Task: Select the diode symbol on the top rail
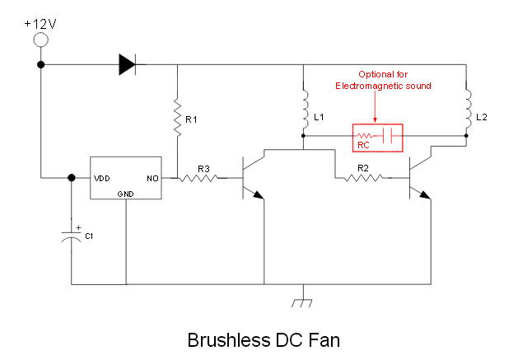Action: click(128, 64)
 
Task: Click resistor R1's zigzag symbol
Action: click(177, 117)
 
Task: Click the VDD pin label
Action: click(103, 177)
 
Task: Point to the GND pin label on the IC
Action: click(126, 193)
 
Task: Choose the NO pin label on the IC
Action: click(152, 177)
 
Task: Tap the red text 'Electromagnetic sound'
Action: click(383, 86)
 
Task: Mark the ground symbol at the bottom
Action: click(303, 302)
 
